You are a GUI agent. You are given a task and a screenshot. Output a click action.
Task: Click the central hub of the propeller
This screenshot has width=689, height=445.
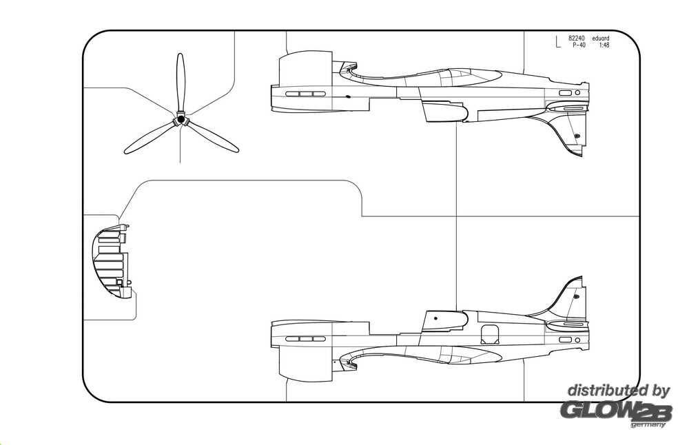point(181,120)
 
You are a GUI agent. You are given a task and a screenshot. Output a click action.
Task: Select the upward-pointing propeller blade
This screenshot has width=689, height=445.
point(181,81)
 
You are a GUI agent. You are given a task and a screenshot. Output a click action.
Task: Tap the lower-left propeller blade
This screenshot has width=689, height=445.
point(147,138)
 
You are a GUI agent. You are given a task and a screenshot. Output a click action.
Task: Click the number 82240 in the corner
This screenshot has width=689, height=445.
point(577,39)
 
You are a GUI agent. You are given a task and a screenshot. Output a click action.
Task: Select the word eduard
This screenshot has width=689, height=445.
point(600,39)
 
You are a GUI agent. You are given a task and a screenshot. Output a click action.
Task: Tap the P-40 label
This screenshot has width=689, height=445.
point(577,45)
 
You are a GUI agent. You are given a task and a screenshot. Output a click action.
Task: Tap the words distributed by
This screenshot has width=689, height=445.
point(618,391)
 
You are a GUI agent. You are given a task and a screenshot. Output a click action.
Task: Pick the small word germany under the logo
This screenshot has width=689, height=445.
point(648,424)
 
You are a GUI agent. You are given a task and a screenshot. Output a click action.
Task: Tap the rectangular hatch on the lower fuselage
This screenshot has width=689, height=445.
point(489,334)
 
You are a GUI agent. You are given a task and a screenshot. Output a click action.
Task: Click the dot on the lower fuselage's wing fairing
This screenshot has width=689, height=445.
point(435,319)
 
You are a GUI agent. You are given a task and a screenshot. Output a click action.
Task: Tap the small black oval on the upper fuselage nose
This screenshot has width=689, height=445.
point(348,96)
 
